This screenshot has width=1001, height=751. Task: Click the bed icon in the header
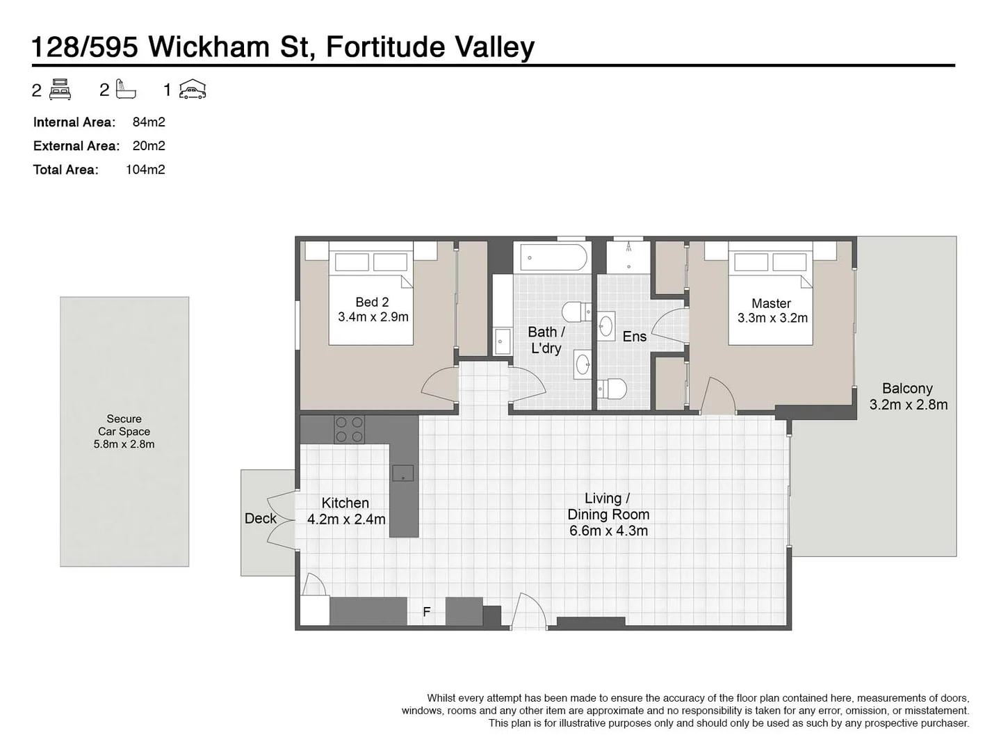60,90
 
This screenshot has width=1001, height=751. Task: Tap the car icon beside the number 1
193,90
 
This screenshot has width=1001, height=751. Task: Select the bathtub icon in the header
126,90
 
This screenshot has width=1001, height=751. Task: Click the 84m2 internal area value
149,122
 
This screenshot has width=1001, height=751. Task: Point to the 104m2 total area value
145,170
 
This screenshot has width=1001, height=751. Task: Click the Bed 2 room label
372,302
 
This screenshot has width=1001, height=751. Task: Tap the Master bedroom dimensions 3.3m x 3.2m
772,318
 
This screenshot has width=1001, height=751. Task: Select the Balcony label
907,389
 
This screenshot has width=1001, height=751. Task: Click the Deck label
261,518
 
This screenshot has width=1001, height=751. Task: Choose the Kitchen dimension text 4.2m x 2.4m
346,519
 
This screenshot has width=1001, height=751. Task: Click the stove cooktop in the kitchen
349,429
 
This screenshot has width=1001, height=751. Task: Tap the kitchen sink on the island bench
403,474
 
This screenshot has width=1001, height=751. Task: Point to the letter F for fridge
427,612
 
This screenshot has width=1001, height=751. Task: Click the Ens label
634,337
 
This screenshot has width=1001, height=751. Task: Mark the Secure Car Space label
124,431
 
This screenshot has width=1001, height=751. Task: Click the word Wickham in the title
209,47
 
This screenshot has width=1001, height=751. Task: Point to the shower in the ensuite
628,257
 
